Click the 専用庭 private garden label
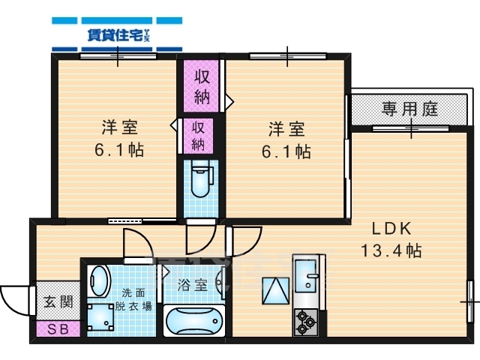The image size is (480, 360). pyautogui.click(x=409, y=109)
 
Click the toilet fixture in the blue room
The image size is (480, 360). pyautogui.click(x=200, y=179)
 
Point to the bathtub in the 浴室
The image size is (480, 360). pyautogui.click(x=194, y=322)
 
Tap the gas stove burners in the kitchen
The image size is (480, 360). pyautogui.click(x=306, y=322)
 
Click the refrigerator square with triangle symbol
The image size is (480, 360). pyautogui.click(x=274, y=289)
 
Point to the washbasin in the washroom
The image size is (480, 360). pyautogui.click(x=99, y=282)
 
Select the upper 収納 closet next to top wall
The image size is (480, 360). pyautogui.click(x=202, y=87)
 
